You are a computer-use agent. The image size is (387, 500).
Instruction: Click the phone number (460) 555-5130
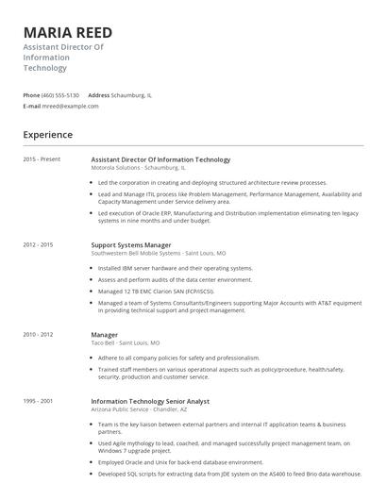pos(60,95)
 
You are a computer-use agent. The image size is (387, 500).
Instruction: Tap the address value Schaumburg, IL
pos(132,95)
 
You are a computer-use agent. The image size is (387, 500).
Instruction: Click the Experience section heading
pos(48,136)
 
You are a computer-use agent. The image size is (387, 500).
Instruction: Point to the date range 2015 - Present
pos(42,159)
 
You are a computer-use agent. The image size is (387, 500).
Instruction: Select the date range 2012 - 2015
pos(39,244)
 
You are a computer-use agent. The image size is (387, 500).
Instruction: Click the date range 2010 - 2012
pos(39,334)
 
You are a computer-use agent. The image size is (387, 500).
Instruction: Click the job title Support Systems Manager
pos(130,245)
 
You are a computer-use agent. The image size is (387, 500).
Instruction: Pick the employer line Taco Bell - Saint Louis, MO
pos(126,342)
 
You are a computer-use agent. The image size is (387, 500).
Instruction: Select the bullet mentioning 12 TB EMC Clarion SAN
pos(163,292)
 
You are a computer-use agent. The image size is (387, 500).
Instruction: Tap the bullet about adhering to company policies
pos(178,358)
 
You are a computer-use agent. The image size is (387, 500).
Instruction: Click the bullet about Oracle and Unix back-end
pos(180,463)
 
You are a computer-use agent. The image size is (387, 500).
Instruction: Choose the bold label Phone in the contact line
pos(31,95)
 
